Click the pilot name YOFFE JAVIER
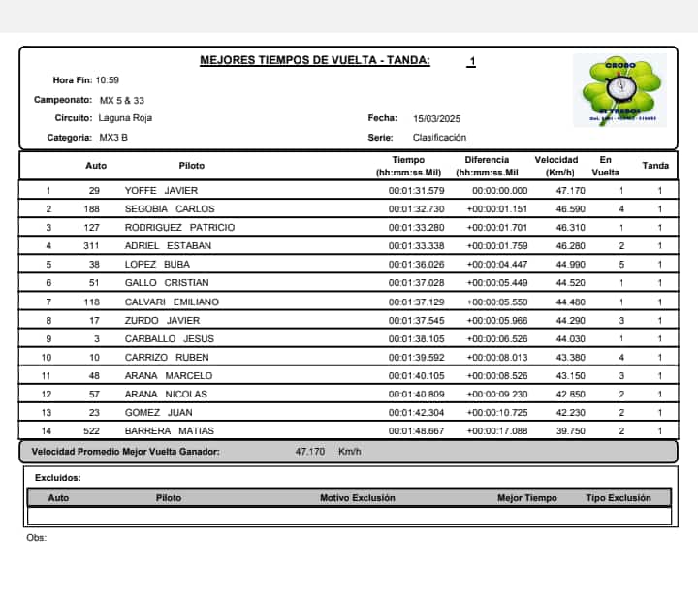[x=162, y=191]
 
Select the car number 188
[x=93, y=209]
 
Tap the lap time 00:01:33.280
[x=416, y=228]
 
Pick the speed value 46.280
[x=555, y=246]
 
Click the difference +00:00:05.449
[x=497, y=283]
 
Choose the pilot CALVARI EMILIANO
[x=173, y=301]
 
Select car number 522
[x=93, y=431]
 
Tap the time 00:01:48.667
[x=416, y=431]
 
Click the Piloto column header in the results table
[x=192, y=166]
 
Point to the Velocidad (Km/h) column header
[x=555, y=166]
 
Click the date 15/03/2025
[x=435, y=118]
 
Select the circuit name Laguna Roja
[x=126, y=118]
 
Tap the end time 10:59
[x=108, y=80]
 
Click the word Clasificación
[x=439, y=138]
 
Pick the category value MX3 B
[x=113, y=138]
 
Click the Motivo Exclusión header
[x=358, y=498]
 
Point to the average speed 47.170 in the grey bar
[x=311, y=452]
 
